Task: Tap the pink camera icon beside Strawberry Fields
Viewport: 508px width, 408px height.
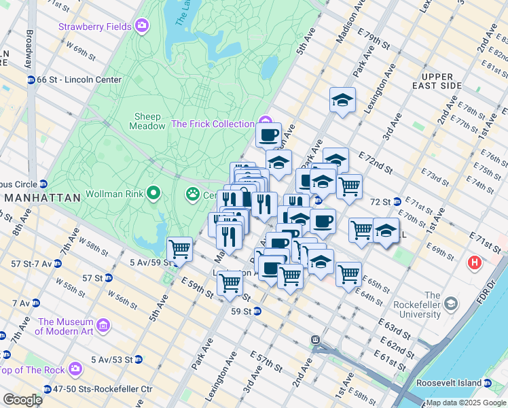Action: click(142, 26)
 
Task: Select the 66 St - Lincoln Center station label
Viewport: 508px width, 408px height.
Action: click(79, 80)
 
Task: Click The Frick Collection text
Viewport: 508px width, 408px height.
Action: click(213, 124)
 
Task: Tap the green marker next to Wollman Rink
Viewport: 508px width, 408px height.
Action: click(153, 194)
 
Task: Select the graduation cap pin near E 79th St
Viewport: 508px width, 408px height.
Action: click(342, 101)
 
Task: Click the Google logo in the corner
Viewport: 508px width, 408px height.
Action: click(23, 400)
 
